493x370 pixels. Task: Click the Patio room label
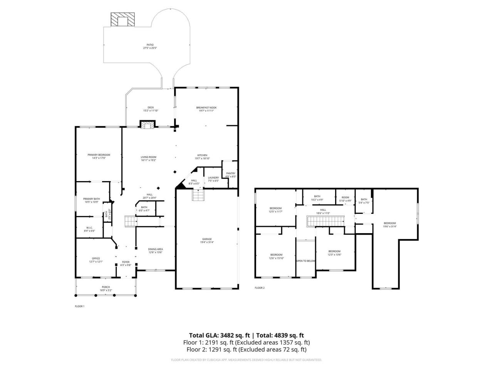[x=150, y=45]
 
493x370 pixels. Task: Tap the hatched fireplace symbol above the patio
[x=123, y=20]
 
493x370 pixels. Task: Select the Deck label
[x=151, y=108]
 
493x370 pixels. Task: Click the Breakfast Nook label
[x=206, y=108]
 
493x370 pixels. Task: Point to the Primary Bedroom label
[x=99, y=155]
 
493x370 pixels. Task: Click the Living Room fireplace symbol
[x=147, y=124]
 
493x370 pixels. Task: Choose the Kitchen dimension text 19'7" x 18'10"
[x=203, y=158]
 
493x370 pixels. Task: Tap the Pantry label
[x=230, y=173]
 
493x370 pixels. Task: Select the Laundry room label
[x=213, y=178]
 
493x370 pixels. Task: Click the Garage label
[x=207, y=239]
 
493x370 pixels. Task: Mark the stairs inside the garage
[x=198, y=196]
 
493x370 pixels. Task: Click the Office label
[x=96, y=259]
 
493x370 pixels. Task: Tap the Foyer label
[x=126, y=262]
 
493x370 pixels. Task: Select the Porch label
[x=106, y=287]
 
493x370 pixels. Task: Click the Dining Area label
[x=155, y=249]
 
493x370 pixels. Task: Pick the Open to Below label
[x=305, y=261]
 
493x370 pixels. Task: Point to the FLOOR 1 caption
[x=79, y=306]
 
